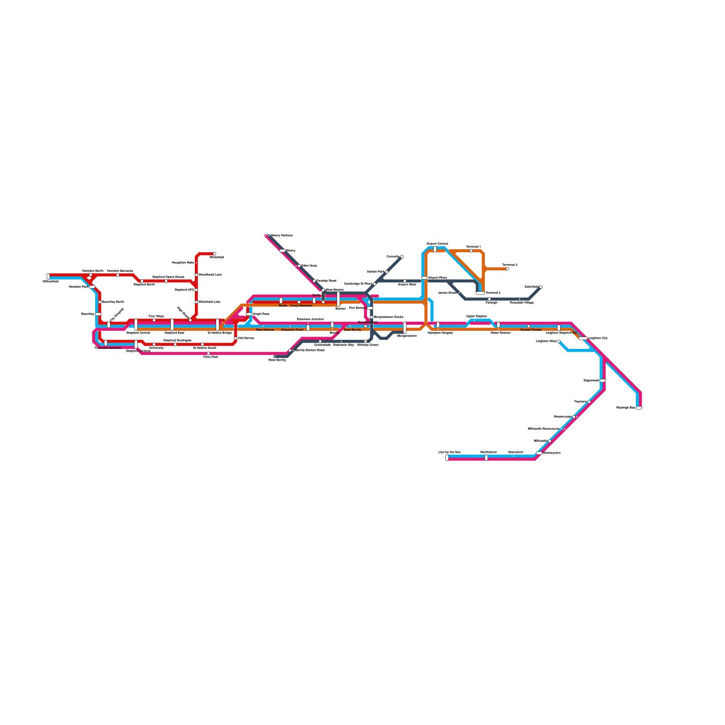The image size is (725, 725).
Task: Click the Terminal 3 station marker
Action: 507,269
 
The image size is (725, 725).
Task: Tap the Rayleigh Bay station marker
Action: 639,408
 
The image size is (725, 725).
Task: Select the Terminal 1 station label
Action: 473,247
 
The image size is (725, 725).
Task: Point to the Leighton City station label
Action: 598,338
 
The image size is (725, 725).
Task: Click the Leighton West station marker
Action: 559,341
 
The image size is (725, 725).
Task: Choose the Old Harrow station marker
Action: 236,338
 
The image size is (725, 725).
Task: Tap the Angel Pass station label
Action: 261,314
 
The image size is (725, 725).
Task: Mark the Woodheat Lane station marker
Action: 196,275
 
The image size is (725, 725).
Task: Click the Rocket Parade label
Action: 531,330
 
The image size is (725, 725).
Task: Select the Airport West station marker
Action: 405,281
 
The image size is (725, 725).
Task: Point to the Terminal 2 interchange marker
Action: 480,293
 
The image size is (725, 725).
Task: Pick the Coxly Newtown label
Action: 301,306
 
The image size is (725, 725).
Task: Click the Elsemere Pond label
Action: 292,330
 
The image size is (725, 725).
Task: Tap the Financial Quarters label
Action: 108,348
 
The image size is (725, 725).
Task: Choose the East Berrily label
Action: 353,330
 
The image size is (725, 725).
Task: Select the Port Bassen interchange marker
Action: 370,308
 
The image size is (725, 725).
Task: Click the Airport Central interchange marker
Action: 435,249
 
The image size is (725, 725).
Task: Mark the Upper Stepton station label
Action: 477,316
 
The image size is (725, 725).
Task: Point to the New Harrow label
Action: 265,330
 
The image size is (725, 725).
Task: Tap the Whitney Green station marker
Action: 366,341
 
